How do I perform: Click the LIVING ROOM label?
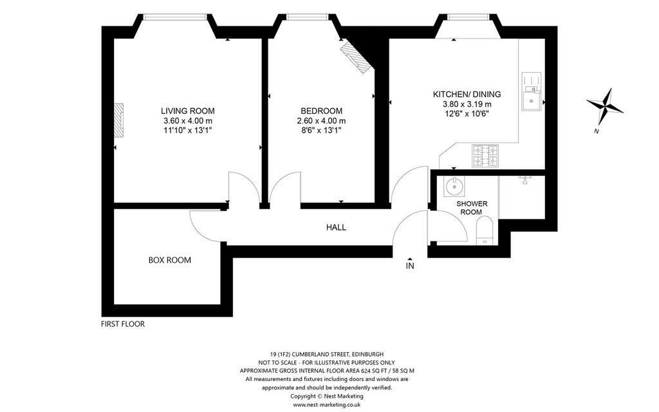pos(187,111)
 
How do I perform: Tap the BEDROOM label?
pos(322,111)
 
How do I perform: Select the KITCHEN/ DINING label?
pos(467,95)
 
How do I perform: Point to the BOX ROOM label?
pos(170,260)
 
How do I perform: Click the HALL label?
pos(336,227)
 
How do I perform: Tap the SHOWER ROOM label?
pos(472,208)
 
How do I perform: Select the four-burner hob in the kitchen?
pos(485,156)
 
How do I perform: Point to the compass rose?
pos(604,106)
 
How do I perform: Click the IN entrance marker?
pos(410,264)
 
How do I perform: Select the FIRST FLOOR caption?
pos(123,324)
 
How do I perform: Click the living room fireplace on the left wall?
pos(119,120)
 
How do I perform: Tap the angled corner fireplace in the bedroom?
pos(355,57)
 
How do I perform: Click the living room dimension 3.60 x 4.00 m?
pos(187,121)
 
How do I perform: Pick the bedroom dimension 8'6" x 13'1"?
pos(322,130)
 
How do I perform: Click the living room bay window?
pos(175,17)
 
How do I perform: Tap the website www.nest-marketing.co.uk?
pos(327,404)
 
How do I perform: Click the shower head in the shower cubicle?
pos(525,180)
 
